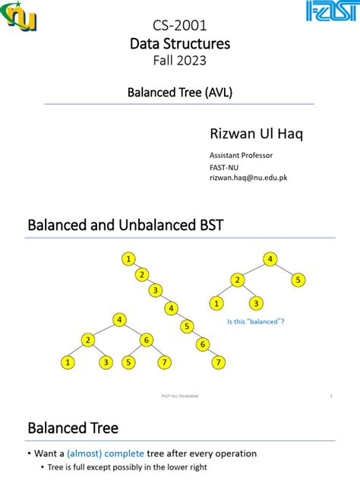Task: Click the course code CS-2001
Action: (x=180, y=27)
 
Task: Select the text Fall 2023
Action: (x=180, y=61)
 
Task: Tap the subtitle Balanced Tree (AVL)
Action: (x=179, y=93)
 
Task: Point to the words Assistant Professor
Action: (x=241, y=155)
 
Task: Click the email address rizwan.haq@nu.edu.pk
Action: (x=248, y=177)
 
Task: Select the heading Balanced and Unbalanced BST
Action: (x=126, y=226)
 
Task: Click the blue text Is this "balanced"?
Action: (x=256, y=321)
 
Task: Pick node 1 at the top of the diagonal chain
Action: (x=130, y=260)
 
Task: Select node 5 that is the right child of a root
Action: (x=299, y=280)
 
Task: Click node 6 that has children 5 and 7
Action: (x=147, y=339)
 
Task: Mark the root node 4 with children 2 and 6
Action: (x=119, y=320)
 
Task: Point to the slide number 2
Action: (x=332, y=396)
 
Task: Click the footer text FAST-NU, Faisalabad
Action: (x=179, y=396)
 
